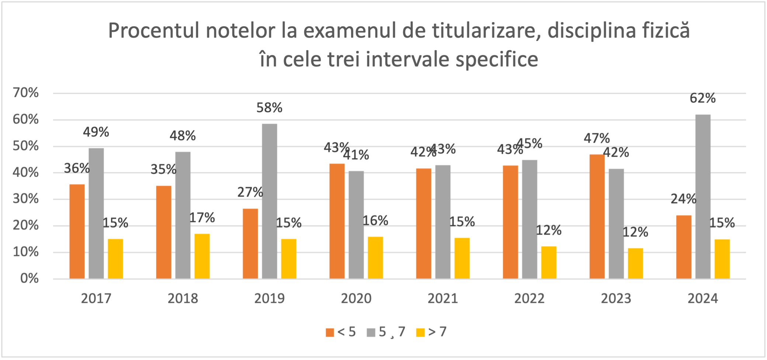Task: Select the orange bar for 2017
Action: click(x=77, y=231)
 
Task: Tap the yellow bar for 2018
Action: click(x=202, y=256)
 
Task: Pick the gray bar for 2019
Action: click(x=270, y=201)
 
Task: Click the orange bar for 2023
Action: click(x=597, y=217)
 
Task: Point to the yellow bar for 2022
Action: click(x=549, y=262)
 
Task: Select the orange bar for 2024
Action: click(x=684, y=247)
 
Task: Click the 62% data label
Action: click(x=702, y=98)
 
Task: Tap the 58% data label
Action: click(x=269, y=108)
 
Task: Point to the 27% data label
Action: click(x=250, y=192)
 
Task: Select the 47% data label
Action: click(x=597, y=138)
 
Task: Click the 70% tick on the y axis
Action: click(x=26, y=93)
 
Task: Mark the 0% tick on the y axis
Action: click(x=29, y=278)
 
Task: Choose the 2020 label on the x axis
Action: click(x=356, y=298)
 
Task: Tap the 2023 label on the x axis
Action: click(x=616, y=298)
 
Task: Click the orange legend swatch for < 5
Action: click(x=330, y=332)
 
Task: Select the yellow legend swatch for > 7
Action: click(x=420, y=332)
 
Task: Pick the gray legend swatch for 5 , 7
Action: click(x=371, y=332)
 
